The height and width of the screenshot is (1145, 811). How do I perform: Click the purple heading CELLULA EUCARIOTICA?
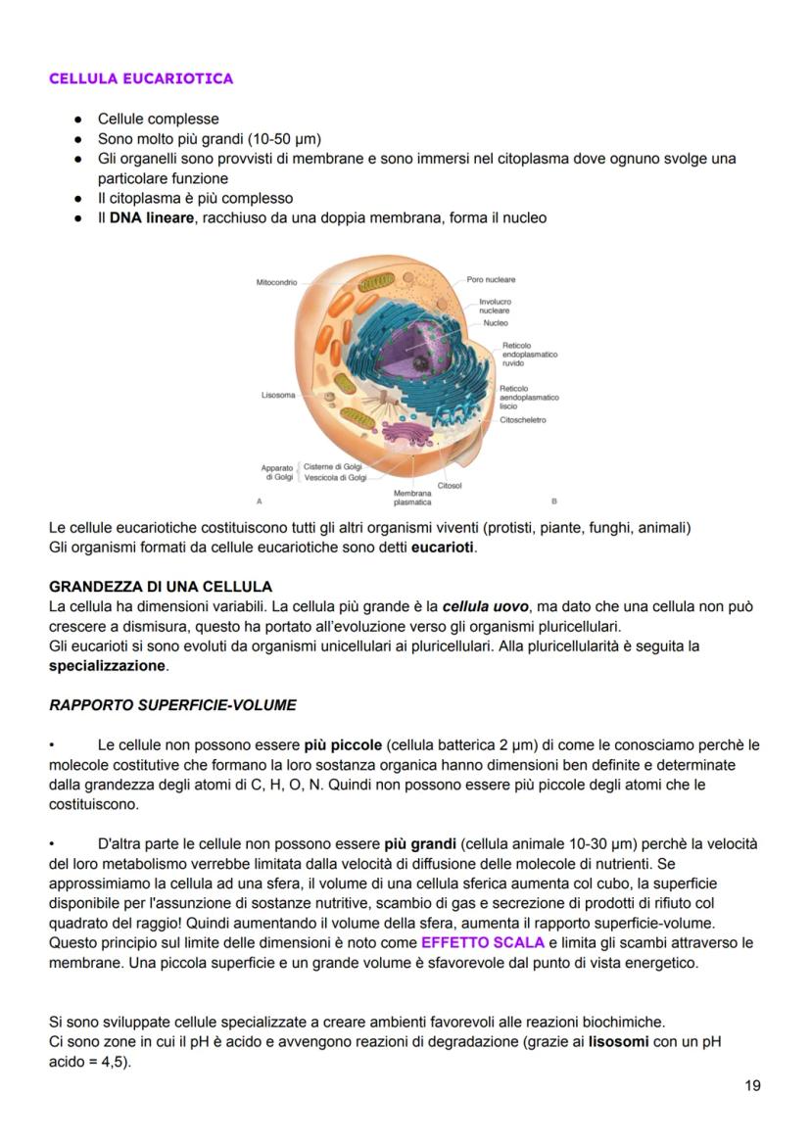click(141, 78)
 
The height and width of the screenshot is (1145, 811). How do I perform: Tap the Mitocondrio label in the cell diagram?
click(276, 282)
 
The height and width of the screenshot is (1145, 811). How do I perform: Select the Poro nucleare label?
click(491, 279)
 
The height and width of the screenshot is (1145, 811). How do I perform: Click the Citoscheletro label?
click(523, 420)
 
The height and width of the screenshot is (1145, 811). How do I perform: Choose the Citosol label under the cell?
click(450, 485)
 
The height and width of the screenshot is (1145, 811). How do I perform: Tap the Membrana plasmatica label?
click(411, 498)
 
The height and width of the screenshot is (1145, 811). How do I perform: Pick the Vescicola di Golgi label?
click(335, 478)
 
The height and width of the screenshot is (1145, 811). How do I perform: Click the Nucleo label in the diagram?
click(496, 322)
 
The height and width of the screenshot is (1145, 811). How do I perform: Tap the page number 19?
click(751, 1084)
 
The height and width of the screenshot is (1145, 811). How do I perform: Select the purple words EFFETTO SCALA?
click(482, 942)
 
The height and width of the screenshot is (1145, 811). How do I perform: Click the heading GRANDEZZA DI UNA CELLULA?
click(161, 587)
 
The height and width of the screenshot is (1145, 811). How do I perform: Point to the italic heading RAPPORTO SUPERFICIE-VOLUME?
click(172, 705)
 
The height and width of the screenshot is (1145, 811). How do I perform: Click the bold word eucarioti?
click(443, 547)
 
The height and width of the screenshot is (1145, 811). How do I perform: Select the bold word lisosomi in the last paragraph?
click(618, 1041)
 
